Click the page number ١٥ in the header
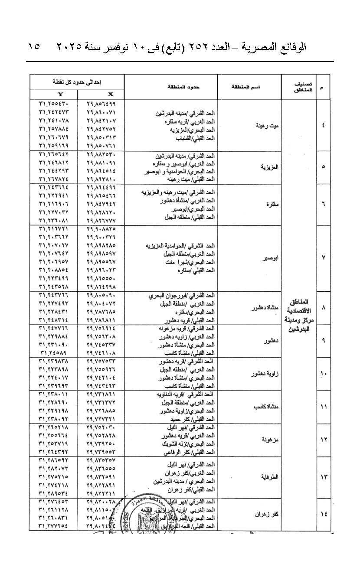click(34, 47)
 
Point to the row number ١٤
click(324, 514)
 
